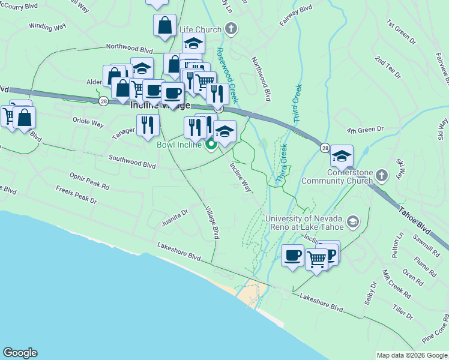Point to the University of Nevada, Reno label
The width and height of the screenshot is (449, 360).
pyautogui.click(x=304, y=222)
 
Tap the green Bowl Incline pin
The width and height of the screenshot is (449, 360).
pyautogui.click(x=211, y=144)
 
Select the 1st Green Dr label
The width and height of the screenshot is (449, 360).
pyautogui.click(x=401, y=32)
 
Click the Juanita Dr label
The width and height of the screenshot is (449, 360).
pyautogui.click(x=174, y=217)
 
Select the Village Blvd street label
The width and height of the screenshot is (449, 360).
pyautogui.click(x=211, y=223)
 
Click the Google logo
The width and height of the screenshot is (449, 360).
pyautogui.click(x=20, y=353)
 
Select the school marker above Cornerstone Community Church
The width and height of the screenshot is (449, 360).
pyautogui.click(x=342, y=157)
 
